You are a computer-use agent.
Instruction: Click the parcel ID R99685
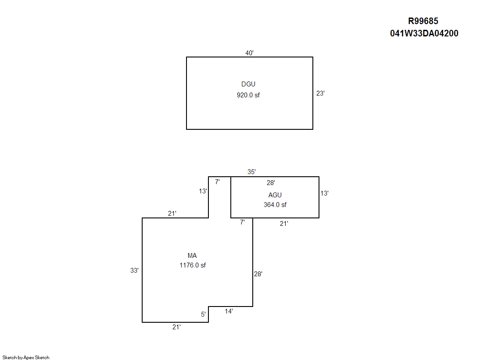click(423, 21)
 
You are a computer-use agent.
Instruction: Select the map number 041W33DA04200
click(424, 33)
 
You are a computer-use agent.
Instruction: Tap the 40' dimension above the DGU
click(249, 53)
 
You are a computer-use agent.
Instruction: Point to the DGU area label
click(248, 84)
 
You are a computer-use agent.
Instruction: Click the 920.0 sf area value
click(248, 95)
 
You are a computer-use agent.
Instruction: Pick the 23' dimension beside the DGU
click(320, 93)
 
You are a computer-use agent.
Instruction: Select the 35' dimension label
click(251, 171)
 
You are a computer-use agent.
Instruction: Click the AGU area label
click(275, 195)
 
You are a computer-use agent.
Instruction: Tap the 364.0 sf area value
click(275, 205)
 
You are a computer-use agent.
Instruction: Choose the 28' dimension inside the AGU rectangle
click(271, 182)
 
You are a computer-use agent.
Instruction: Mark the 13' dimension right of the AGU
click(324, 193)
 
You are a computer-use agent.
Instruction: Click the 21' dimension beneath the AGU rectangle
click(284, 224)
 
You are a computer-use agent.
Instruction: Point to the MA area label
click(192, 256)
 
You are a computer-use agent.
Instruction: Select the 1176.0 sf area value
click(193, 265)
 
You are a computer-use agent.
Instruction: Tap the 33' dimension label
click(134, 270)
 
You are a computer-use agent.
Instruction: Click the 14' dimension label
click(229, 311)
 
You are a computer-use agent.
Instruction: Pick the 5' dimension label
click(203, 314)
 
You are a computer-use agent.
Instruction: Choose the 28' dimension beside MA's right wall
click(258, 274)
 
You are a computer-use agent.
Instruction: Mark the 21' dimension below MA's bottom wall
click(176, 327)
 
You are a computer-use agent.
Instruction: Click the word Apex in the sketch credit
click(29, 357)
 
